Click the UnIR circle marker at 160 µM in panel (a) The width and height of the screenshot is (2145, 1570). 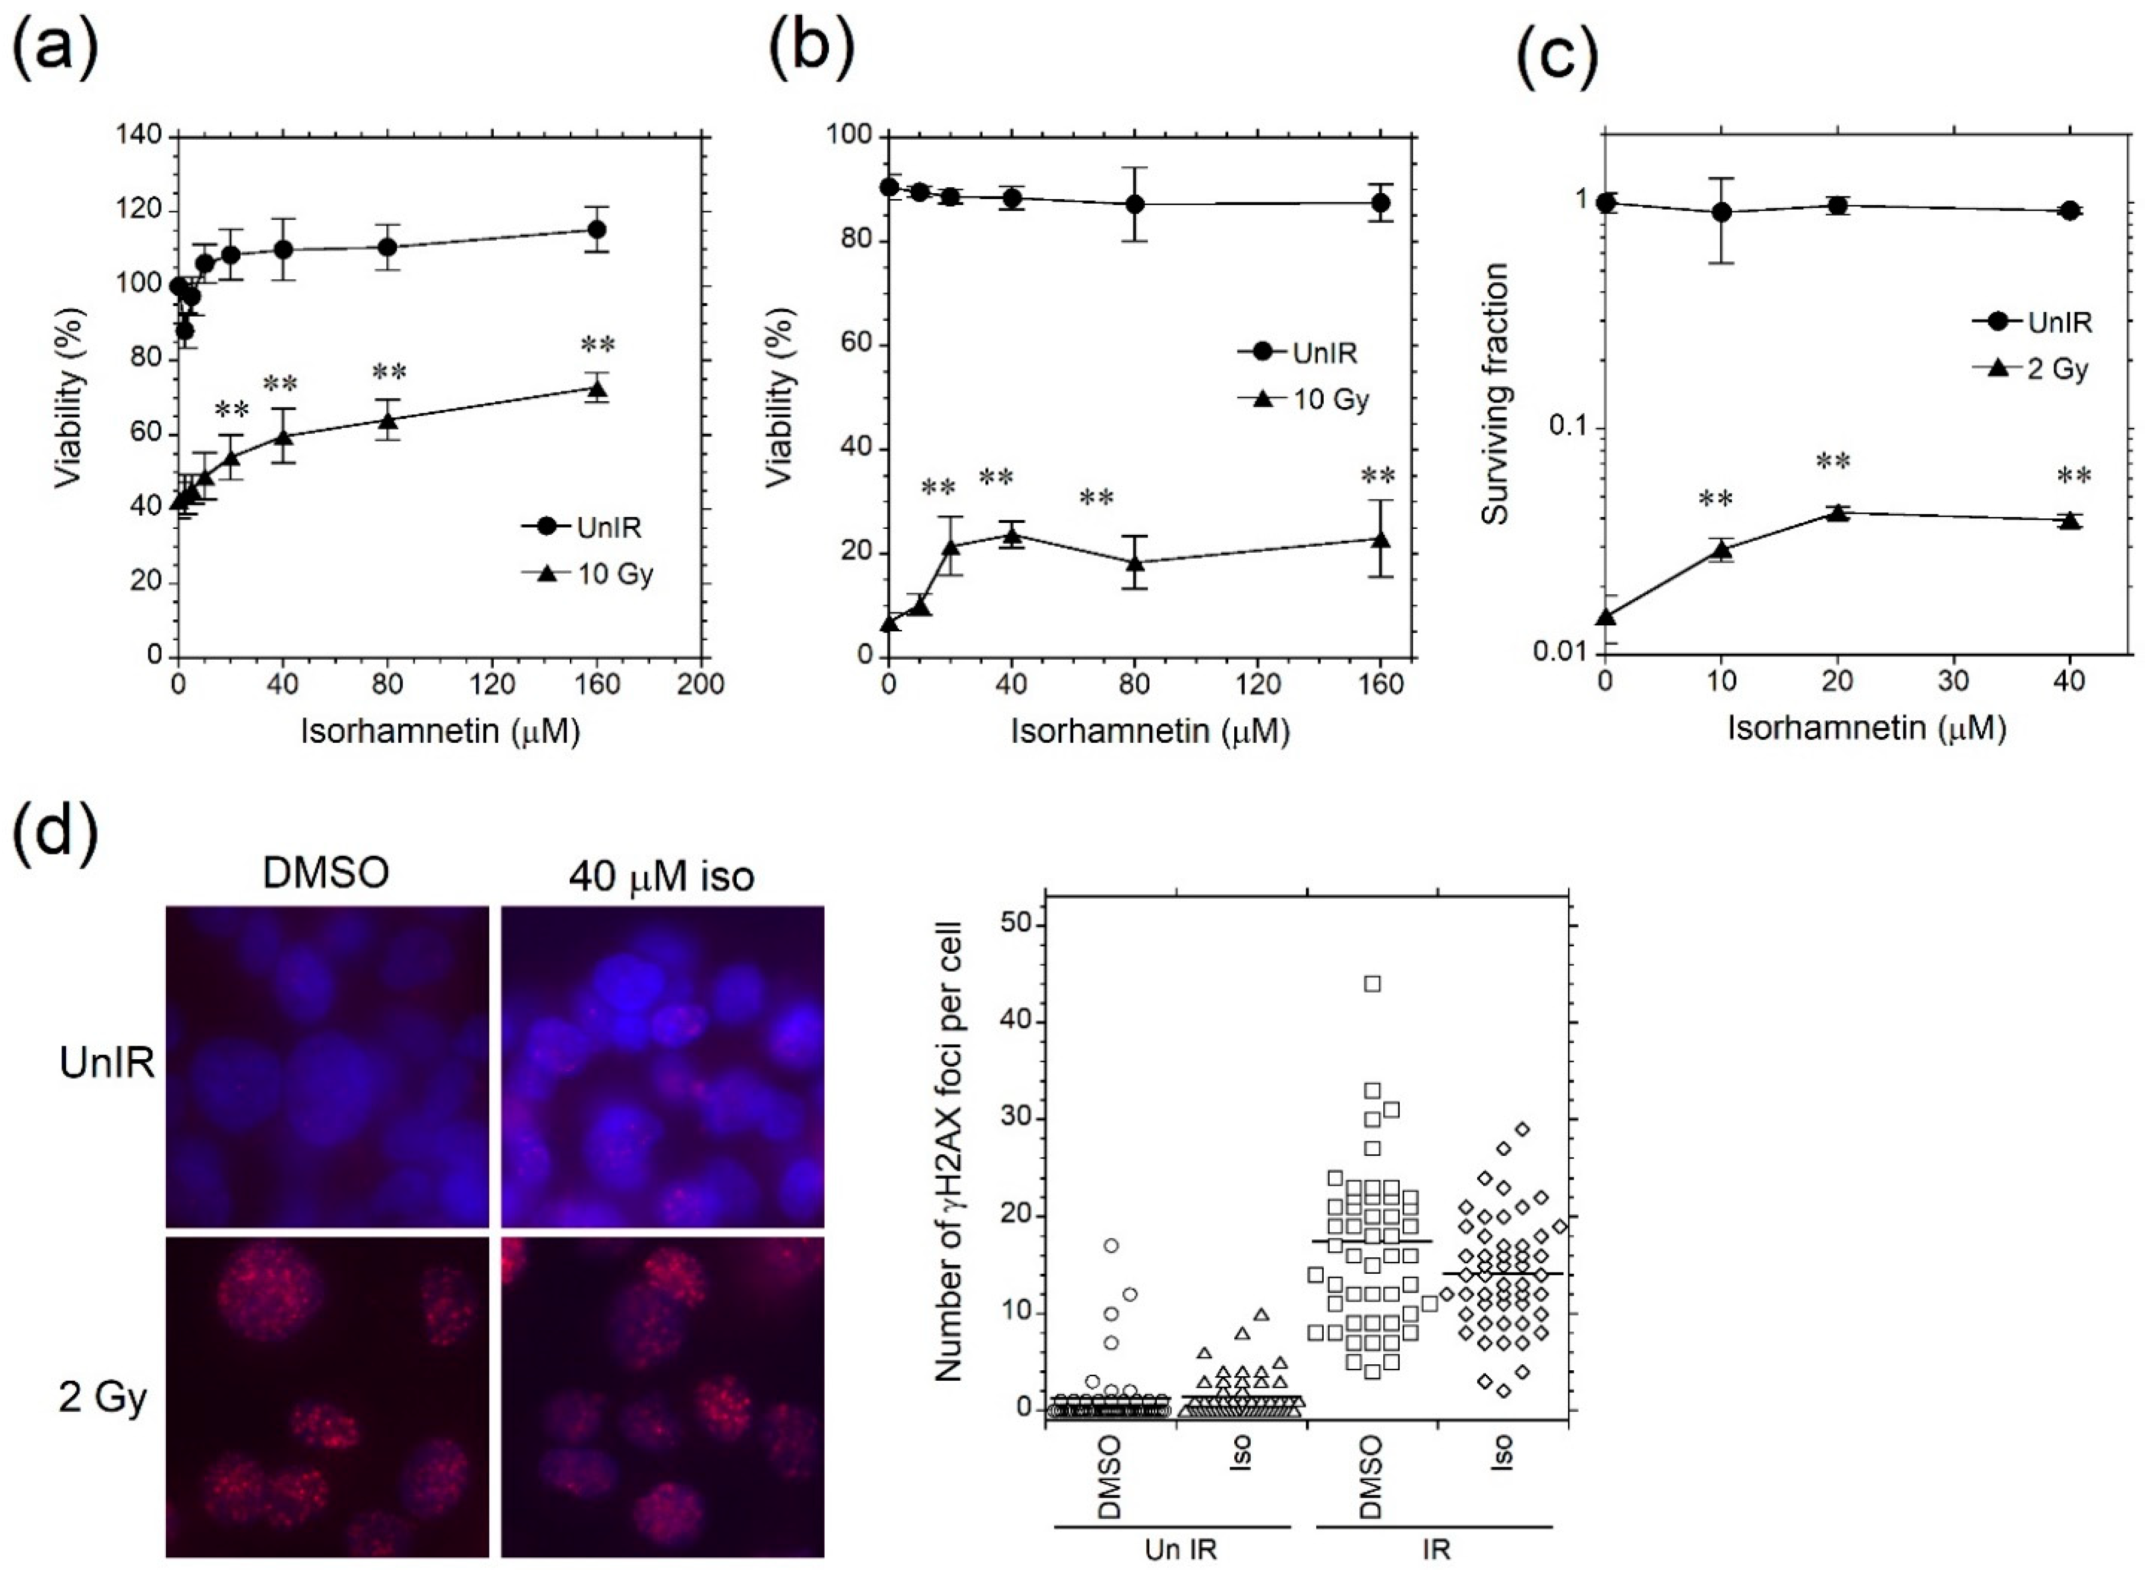[597, 229]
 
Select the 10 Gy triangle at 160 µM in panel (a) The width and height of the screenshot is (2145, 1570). [597, 388]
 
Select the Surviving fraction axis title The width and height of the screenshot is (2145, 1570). [1496, 395]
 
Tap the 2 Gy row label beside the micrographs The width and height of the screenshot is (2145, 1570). [103, 1398]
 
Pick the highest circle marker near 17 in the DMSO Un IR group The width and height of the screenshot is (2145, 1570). [1111, 1245]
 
